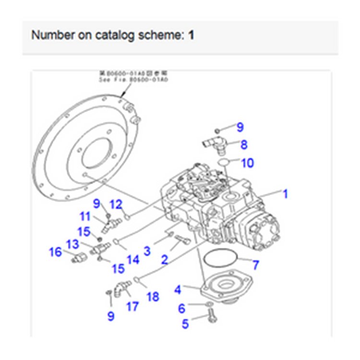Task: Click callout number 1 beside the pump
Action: pyautogui.click(x=285, y=194)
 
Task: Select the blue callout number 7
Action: pyautogui.click(x=255, y=264)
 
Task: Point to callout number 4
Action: pyautogui.click(x=178, y=289)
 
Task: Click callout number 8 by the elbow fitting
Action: pyautogui.click(x=244, y=144)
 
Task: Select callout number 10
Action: pyautogui.click(x=247, y=163)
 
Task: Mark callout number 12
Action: pyautogui.click(x=117, y=204)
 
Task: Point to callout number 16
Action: pyautogui.click(x=56, y=251)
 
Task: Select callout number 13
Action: pyautogui.click(x=72, y=244)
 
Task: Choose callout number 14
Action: pyautogui.click(x=132, y=259)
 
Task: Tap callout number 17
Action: pyautogui.click(x=132, y=306)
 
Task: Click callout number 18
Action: pyautogui.click(x=153, y=297)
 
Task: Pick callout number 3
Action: pyautogui.click(x=147, y=250)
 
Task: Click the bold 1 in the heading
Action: pyautogui.click(x=191, y=35)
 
